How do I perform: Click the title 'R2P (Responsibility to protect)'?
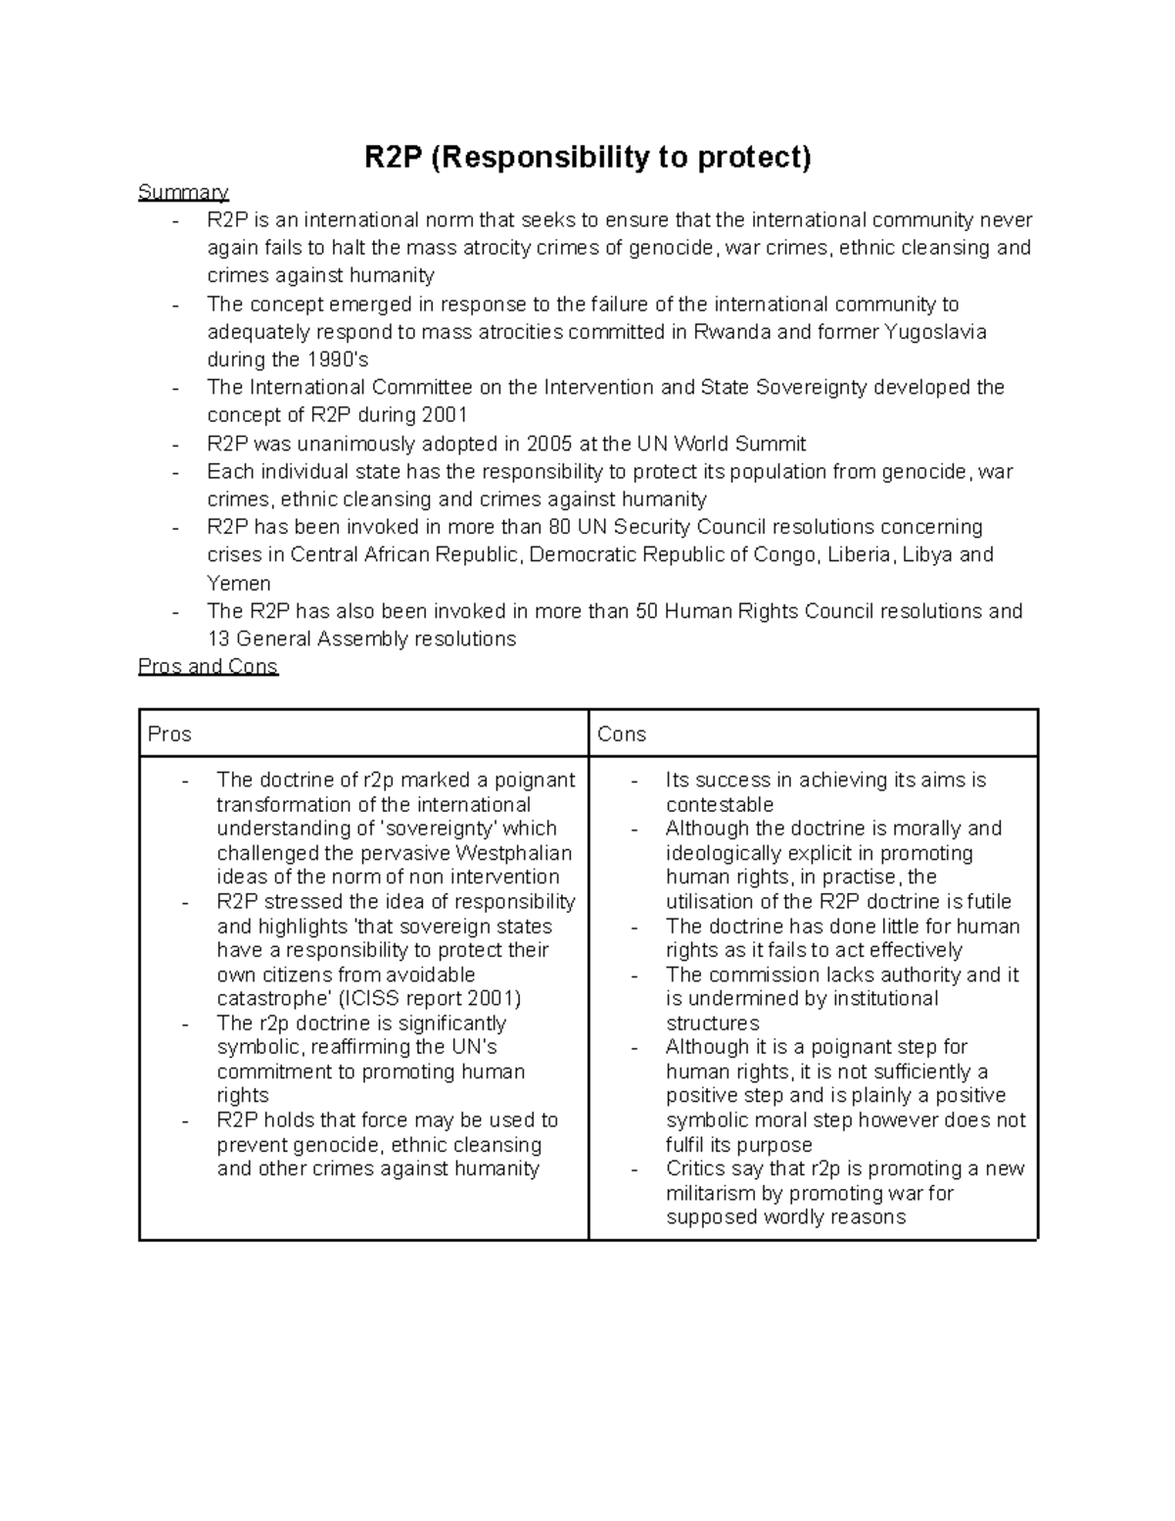point(587,157)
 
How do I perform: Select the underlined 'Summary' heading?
point(183,192)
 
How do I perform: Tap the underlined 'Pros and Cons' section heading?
point(209,667)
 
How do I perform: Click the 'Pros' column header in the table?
point(169,735)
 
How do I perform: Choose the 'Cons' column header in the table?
point(622,735)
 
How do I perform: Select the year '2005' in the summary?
point(548,444)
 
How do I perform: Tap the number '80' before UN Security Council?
point(561,527)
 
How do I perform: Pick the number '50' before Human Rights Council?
point(646,611)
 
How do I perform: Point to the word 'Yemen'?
point(239,584)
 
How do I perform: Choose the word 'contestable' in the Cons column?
point(720,805)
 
